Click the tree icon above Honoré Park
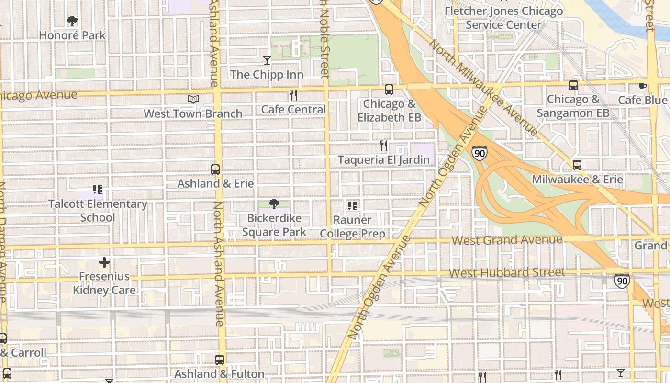(x=72, y=21)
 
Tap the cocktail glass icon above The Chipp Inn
(x=267, y=60)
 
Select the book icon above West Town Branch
(x=193, y=99)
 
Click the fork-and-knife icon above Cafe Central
(x=293, y=95)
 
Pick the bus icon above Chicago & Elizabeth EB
(x=389, y=90)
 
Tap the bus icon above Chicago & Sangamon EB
(x=573, y=85)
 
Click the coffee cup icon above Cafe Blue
(x=642, y=86)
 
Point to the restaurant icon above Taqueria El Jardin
(x=384, y=145)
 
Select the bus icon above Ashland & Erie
(x=215, y=169)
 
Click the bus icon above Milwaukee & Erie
(x=577, y=165)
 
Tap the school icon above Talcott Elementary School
(x=98, y=190)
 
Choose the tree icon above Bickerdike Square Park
(x=274, y=204)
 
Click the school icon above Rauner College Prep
(x=352, y=206)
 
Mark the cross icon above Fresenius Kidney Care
(x=104, y=262)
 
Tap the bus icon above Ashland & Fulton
(x=219, y=360)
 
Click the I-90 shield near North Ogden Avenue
(x=479, y=153)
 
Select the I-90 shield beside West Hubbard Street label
(x=622, y=281)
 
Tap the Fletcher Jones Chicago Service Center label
(x=503, y=18)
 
